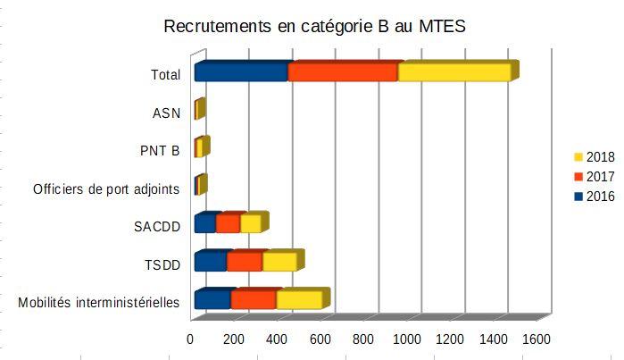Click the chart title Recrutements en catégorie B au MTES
(315, 27)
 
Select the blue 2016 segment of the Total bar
(241, 72)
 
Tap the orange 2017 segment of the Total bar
(343, 72)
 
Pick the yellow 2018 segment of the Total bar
(453, 72)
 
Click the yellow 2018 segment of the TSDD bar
(279, 262)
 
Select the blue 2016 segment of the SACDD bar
(205, 223)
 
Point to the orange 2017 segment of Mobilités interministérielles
(254, 299)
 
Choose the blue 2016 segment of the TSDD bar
(211, 262)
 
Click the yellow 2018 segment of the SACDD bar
(250, 223)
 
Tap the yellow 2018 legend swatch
(578, 157)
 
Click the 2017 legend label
(600, 177)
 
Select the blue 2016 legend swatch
(578, 197)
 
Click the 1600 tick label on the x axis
(536, 339)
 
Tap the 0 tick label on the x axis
(190, 339)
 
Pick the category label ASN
(166, 113)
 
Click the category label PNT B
(161, 150)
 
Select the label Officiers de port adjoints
(106, 188)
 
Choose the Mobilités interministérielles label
(99, 303)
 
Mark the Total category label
(166, 75)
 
